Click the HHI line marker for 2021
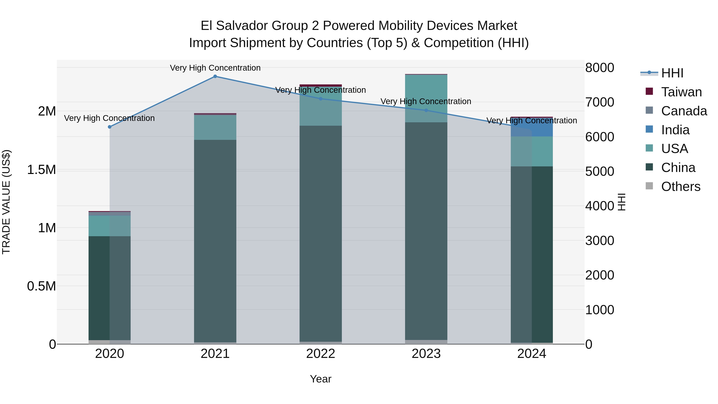click(215, 76)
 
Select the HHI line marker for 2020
click(109, 127)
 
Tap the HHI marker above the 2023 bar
click(426, 110)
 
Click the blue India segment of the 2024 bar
click(542, 127)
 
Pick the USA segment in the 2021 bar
click(215, 127)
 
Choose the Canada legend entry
click(683, 111)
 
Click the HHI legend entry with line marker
click(672, 73)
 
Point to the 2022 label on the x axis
click(321, 354)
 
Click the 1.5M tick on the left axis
click(41, 170)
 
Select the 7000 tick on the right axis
click(599, 102)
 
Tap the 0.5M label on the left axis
click(41, 286)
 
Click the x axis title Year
click(321, 379)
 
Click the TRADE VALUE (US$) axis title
click(6, 202)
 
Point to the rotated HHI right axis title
click(621, 202)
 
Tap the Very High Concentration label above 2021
click(215, 68)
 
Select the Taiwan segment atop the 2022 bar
click(321, 85)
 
